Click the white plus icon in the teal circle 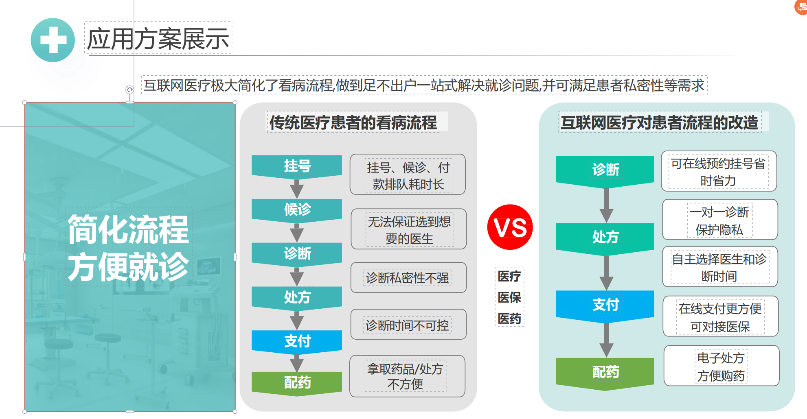(x=53, y=40)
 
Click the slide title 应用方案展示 (x=158, y=39)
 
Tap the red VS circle (x=510, y=227)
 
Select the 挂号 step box (x=297, y=167)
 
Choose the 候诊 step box (x=297, y=210)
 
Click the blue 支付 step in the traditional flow (x=297, y=342)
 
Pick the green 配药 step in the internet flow (x=605, y=373)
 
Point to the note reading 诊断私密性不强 (x=408, y=277)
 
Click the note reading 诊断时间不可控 (x=408, y=325)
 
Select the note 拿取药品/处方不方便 (x=407, y=376)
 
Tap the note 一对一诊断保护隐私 (x=720, y=220)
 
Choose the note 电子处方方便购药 (x=721, y=366)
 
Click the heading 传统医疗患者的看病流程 (x=353, y=122)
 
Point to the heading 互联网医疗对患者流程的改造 (x=660, y=122)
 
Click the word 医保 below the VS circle (x=509, y=297)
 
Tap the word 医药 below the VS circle (x=509, y=319)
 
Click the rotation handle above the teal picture (x=129, y=89)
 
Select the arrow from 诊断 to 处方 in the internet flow (x=607, y=205)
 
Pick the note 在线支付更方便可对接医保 (x=721, y=316)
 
